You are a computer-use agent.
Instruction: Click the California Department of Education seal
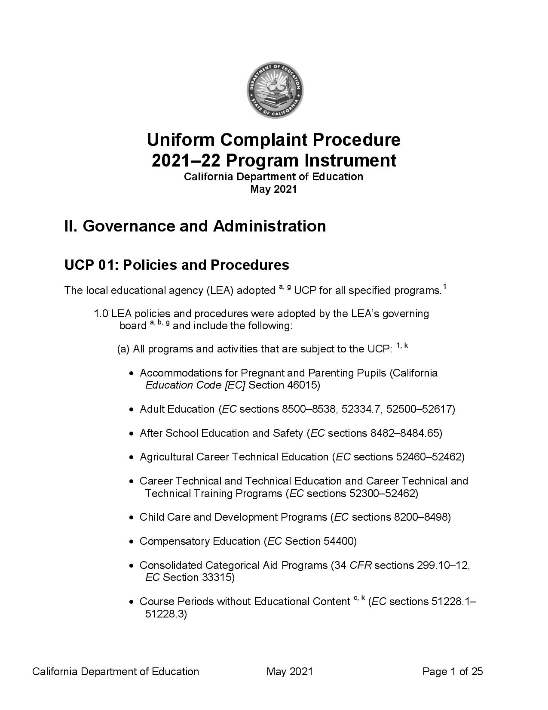tap(275, 90)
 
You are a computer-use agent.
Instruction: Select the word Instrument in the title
tap(350, 161)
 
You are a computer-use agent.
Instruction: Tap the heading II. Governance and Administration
tap(195, 226)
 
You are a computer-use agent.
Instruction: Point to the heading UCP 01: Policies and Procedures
tap(177, 265)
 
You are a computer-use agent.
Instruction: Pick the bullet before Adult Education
tap(132, 410)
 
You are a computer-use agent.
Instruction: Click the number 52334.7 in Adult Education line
tap(361, 409)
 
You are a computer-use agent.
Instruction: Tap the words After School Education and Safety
tap(221, 433)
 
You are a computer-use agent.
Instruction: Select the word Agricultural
tap(166, 457)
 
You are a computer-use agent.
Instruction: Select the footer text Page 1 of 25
tap(453, 671)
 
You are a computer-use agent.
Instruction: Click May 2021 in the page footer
tap(289, 671)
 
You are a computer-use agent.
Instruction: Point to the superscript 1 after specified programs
tap(444, 287)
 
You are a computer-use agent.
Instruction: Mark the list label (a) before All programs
tap(123, 349)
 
